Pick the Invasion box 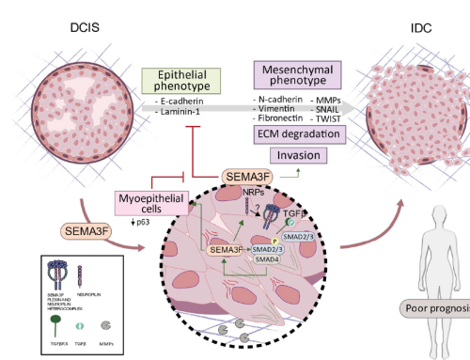pos(299,156)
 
